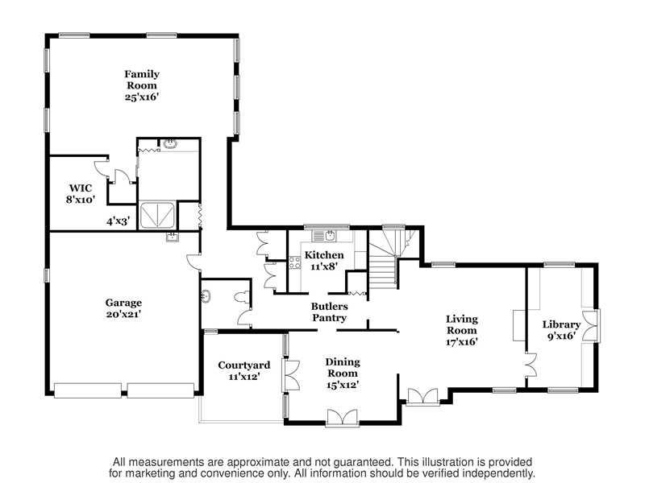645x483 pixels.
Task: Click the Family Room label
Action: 142,85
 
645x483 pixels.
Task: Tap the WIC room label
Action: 81,194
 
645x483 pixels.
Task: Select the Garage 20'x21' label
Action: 123,308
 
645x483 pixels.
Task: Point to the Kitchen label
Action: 324,260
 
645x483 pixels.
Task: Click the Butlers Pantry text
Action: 329,312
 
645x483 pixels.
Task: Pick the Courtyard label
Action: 244,370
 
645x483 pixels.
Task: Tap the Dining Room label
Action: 342,374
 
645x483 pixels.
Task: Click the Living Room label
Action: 461,330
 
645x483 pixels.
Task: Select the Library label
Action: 561,330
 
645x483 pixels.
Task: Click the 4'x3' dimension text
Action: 118,222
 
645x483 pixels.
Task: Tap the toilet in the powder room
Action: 242,297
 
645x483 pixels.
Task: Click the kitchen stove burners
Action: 294,262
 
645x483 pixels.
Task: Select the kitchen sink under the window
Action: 324,236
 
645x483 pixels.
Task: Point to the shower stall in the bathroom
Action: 157,214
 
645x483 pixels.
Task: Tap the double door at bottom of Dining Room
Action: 342,418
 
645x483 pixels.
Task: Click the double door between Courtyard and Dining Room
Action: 290,374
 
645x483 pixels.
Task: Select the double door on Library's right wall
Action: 591,325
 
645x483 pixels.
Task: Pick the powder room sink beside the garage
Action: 206,296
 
